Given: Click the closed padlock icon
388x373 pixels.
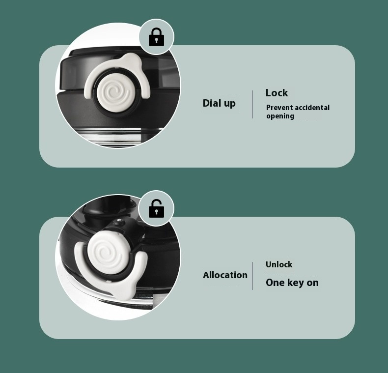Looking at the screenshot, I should click(156, 37).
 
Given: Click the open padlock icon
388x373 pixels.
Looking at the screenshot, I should click(156, 208).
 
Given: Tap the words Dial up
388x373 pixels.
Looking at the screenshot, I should click(219, 103).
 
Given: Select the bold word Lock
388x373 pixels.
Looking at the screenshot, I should click(277, 93).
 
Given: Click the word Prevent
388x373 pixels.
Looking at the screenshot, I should click(279, 108).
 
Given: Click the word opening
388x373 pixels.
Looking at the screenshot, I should click(280, 116).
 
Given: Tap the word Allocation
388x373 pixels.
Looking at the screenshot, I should click(225, 275).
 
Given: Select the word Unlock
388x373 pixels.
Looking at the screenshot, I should click(279, 264).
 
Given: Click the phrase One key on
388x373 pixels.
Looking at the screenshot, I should click(292, 283).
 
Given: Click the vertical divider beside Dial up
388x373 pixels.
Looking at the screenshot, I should click(252, 104).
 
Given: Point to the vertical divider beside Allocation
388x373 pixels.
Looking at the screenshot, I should click(252, 276).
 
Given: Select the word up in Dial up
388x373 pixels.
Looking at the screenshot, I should click(229, 104).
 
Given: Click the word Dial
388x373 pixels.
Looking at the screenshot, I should click(212, 103).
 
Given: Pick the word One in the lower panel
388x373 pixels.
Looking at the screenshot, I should click(275, 283).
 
